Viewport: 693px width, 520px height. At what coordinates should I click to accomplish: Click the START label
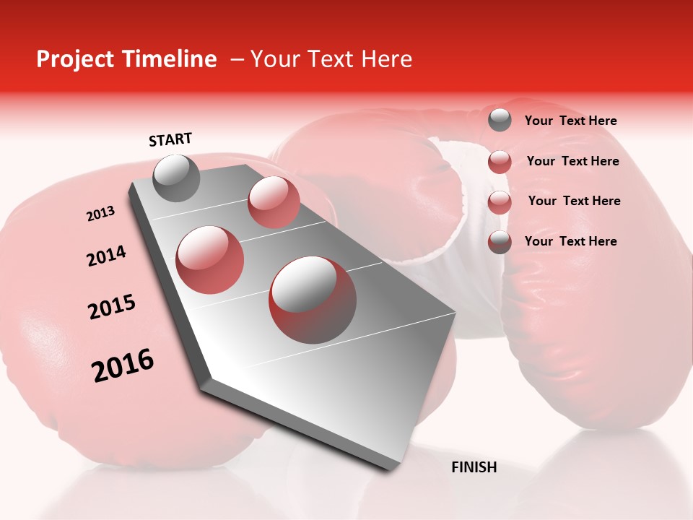pyautogui.click(x=170, y=139)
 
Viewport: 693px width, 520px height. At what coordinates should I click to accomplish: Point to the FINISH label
pyautogui.click(x=474, y=467)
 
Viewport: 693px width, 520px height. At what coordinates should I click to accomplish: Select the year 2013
pyautogui.click(x=100, y=214)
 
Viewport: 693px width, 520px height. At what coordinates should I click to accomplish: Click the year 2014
pyautogui.click(x=106, y=256)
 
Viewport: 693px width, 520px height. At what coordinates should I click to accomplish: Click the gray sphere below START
pyautogui.click(x=177, y=178)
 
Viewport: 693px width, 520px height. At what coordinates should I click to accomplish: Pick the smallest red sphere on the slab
pyautogui.click(x=274, y=201)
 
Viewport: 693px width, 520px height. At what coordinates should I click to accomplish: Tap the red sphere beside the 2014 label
pyautogui.click(x=210, y=259)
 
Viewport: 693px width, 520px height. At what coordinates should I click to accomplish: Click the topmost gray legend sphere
pyautogui.click(x=500, y=121)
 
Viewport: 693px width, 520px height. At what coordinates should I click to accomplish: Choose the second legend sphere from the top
pyautogui.click(x=500, y=162)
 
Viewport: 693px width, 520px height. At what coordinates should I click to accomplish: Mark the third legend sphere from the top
pyautogui.click(x=500, y=202)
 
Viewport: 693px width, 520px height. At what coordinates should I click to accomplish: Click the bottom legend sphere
pyautogui.click(x=500, y=242)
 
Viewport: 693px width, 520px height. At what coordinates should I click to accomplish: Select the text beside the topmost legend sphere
pyautogui.click(x=570, y=121)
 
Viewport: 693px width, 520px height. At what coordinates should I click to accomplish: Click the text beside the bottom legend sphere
pyautogui.click(x=570, y=241)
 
